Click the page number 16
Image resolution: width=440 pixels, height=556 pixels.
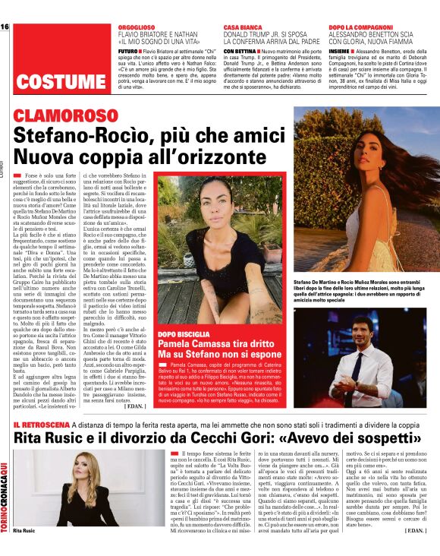(5, 27)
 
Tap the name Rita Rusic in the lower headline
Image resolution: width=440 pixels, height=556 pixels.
(53, 440)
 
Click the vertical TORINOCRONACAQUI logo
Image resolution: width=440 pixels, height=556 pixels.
(5, 493)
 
